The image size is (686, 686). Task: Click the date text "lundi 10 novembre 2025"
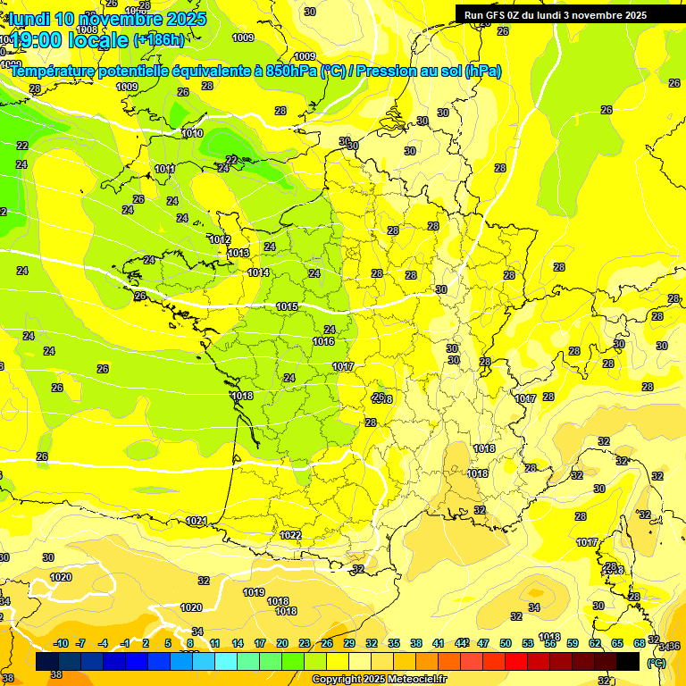tap(107, 19)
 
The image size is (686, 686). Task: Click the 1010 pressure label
tap(192, 133)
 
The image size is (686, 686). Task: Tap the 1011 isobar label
tap(164, 169)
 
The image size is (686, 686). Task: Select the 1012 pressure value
tap(220, 239)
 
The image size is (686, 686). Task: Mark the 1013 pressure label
tap(238, 254)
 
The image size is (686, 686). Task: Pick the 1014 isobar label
tap(259, 272)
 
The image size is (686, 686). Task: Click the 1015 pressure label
tap(287, 306)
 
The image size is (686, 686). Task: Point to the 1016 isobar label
tap(323, 341)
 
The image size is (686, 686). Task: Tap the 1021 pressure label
tap(197, 521)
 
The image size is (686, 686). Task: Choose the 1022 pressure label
tap(290, 535)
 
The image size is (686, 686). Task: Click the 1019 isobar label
tap(254, 592)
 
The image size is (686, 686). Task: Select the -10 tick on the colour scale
tap(61, 643)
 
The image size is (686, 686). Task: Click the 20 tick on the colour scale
tap(282, 643)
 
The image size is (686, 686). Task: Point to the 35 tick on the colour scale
tap(394, 643)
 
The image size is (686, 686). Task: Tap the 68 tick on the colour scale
tap(640, 643)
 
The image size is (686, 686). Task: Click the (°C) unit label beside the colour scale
tap(657, 663)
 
